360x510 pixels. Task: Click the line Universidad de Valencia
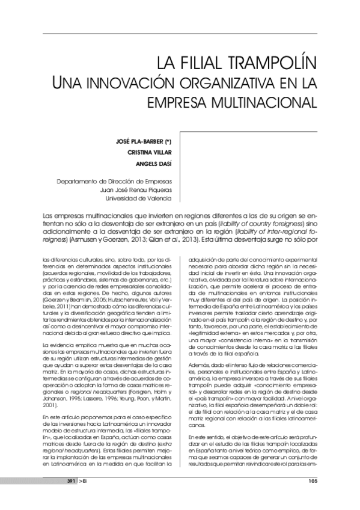138,198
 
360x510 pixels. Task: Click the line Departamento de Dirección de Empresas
114,181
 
